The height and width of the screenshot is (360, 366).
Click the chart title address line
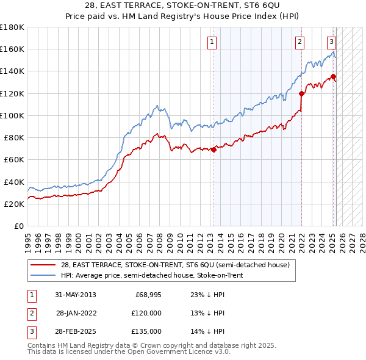pos(183,7)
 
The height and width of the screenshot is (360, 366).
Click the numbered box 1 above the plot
pos(211,42)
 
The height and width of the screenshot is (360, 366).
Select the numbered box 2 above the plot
pos(301,42)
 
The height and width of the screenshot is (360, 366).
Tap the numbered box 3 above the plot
pos(331,42)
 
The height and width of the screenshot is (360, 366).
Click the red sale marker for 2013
pos(213,149)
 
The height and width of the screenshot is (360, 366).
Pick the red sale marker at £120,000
pos(302,93)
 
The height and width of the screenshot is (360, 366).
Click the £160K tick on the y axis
pos(12,49)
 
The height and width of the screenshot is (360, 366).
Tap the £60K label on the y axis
pos(14,160)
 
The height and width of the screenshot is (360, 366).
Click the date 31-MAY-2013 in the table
pos(76,295)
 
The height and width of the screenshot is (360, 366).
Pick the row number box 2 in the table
pos(32,313)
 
